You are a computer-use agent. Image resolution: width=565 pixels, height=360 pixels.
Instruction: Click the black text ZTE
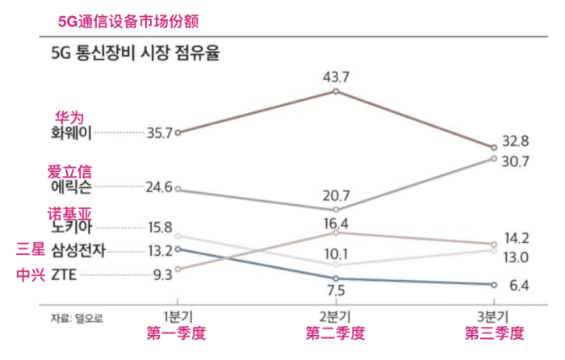click(x=65, y=274)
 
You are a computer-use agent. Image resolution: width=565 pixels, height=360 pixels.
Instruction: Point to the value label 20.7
click(x=337, y=195)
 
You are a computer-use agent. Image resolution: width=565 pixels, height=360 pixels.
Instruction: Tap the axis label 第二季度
click(x=336, y=333)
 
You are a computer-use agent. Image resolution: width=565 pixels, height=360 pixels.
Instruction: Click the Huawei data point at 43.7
click(x=337, y=91)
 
